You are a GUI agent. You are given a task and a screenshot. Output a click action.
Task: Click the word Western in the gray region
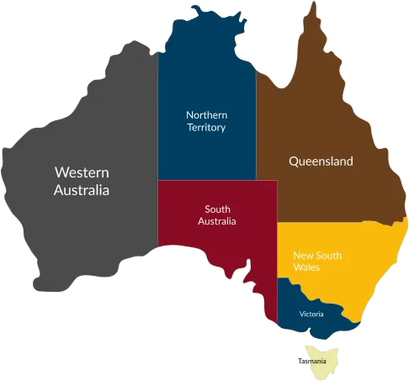tap(82, 172)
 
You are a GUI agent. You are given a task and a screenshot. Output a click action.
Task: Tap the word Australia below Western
tap(82, 190)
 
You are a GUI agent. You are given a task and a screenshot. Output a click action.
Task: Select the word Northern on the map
tap(207, 114)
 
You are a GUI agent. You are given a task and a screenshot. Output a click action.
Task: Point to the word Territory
tap(207, 127)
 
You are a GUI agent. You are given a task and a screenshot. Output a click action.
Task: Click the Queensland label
tap(321, 161)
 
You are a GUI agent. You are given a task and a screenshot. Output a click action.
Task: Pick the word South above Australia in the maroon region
tap(217, 209)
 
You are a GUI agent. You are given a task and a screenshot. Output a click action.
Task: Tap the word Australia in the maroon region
tap(217, 222)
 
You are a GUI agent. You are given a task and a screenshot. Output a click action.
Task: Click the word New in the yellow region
tap(303, 255)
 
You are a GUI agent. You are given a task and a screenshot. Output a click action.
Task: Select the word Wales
tap(306, 267)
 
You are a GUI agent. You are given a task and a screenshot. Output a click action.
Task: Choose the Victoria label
tap(311, 315)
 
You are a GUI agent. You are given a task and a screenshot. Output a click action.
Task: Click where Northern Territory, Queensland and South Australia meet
tap(257, 180)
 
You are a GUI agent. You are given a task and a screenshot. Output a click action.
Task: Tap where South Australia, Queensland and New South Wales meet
tap(278, 223)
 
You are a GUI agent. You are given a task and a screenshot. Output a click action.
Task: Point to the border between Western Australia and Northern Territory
tap(158, 109)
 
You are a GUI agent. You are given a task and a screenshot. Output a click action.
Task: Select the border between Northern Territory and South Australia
tap(206, 180)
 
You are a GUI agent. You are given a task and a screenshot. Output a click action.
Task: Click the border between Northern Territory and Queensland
tap(257, 126)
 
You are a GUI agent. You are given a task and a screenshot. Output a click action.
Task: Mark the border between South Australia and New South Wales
tap(278, 252)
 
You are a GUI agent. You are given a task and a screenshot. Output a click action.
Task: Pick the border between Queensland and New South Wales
tap(337, 223)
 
